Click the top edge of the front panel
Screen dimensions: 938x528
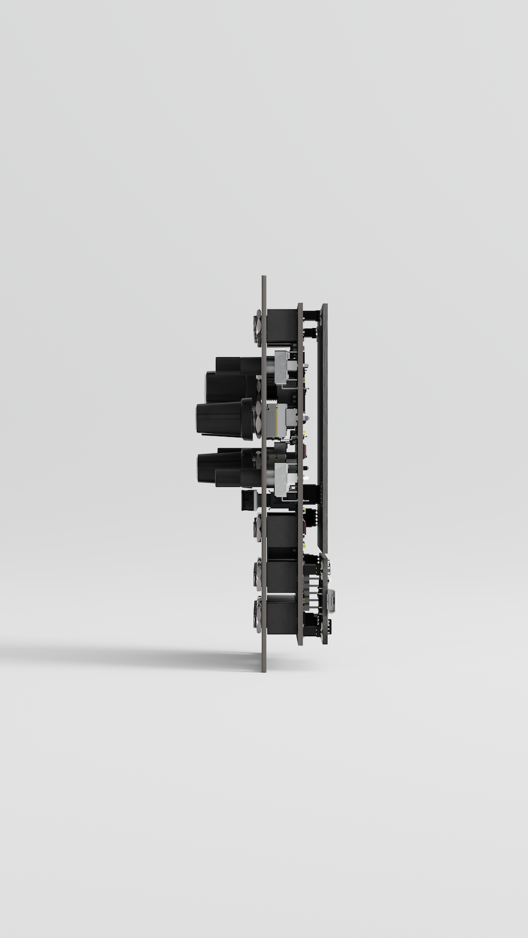[x=263, y=276]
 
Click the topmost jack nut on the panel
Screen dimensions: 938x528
[x=258, y=328]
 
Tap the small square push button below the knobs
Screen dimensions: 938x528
[x=247, y=500]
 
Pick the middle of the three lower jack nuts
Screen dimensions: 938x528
[x=258, y=572]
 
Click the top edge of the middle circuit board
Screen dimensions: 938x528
[x=300, y=304]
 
